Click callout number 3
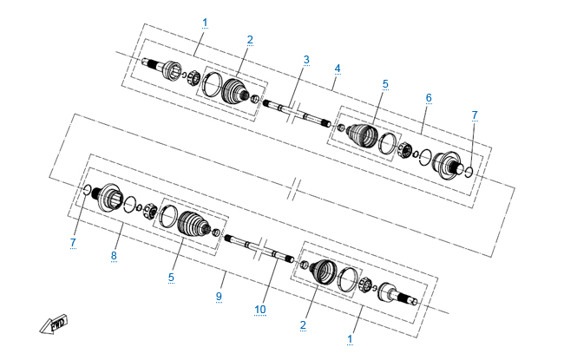[306, 60]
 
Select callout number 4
[337, 69]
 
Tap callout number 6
[429, 98]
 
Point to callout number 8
[114, 256]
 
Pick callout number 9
[219, 297]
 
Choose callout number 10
[259, 310]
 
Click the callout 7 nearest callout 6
[475, 115]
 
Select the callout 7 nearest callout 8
[73, 242]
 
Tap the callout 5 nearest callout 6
[385, 84]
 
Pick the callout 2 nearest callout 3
[250, 40]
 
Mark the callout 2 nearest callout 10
[303, 325]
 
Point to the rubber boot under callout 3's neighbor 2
[234, 90]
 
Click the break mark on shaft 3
[293, 111]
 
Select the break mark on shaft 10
[260, 249]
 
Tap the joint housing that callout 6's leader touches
[447, 166]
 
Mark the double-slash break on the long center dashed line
[293, 188]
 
